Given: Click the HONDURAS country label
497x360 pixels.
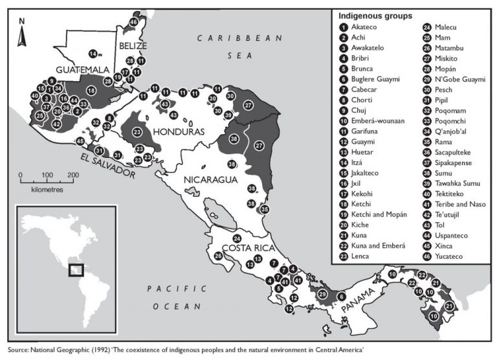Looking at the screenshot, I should click(178, 131).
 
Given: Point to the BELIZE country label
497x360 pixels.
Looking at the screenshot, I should click(133, 46).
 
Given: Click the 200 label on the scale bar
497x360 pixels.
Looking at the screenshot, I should click(73, 175).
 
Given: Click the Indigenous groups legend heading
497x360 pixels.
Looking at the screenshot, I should click(375, 16).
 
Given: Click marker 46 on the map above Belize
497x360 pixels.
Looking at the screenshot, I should click(133, 22).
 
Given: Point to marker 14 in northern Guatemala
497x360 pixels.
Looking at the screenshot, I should click(94, 53).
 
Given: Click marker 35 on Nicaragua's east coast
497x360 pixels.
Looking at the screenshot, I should click(264, 209).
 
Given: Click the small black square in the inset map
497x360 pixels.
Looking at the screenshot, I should click(76, 269).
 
